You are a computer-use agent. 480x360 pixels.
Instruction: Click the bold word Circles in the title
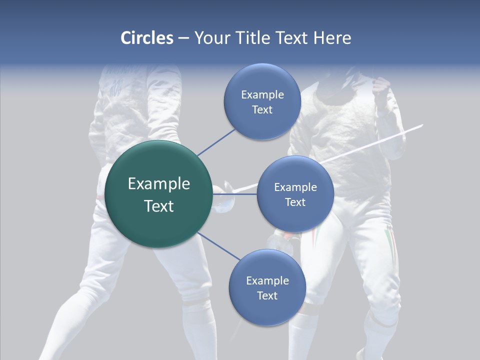146,38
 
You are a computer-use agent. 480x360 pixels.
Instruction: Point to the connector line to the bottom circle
218,246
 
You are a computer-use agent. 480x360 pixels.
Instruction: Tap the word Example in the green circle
159,184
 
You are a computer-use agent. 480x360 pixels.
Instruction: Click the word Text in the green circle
159,206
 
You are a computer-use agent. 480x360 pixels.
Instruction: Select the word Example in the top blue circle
262,94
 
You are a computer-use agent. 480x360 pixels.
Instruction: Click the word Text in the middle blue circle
295,202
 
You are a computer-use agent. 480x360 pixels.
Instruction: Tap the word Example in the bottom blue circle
267,280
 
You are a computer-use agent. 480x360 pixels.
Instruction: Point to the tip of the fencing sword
422,125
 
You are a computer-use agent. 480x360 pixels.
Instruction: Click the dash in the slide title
183,38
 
